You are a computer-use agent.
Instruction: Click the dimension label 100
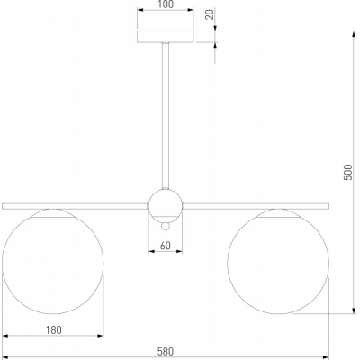click(x=166, y=4)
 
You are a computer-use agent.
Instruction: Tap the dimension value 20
click(x=211, y=14)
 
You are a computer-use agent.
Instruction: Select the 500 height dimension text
click(x=347, y=172)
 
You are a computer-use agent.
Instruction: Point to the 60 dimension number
click(x=166, y=246)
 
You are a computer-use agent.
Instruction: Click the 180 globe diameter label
click(x=54, y=330)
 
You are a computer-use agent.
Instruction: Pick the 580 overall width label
click(x=166, y=351)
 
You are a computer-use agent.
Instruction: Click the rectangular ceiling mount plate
click(x=166, y=37)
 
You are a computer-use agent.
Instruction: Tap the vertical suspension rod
click(x=166, y=116)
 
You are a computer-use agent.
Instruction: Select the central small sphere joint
click(x=166, y=205)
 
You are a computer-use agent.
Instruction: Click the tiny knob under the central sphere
click(x=166, y=226)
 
